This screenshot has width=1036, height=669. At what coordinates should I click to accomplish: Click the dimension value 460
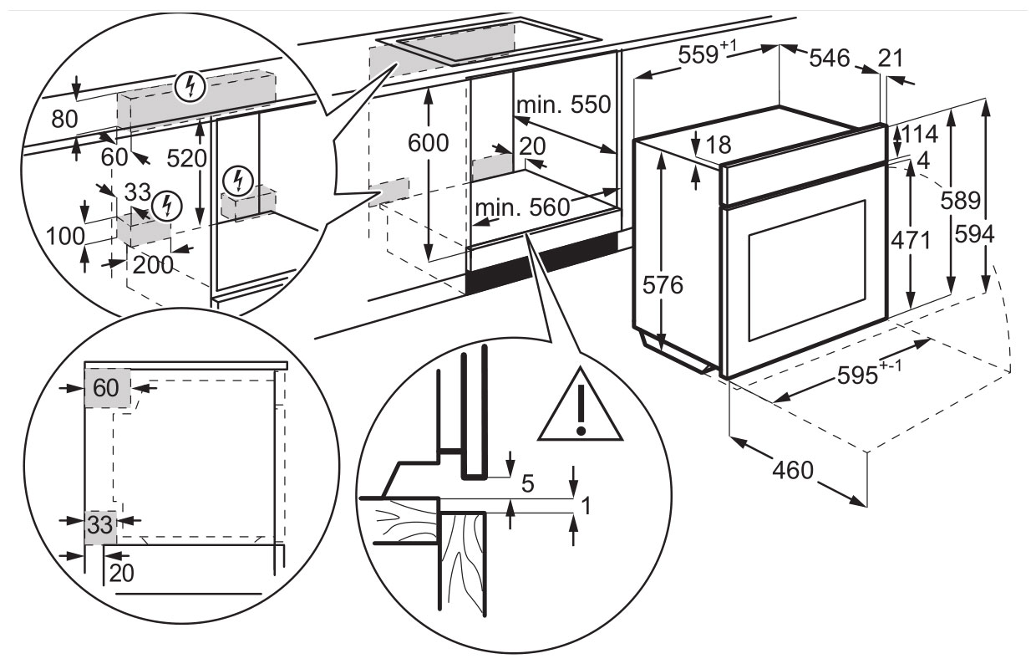[x=791, y=470]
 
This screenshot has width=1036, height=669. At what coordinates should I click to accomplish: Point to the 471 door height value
[x=909, y=240]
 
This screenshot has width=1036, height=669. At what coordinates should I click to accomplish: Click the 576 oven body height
[x=664, y=285]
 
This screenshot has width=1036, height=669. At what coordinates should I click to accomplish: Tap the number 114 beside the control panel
[x=920, y=134]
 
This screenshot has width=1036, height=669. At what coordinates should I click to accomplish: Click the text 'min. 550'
[x=563, y=105]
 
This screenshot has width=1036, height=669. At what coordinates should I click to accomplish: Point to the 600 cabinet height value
[x=429, y=143]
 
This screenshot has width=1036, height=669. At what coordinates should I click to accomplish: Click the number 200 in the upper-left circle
[x=153, y=265]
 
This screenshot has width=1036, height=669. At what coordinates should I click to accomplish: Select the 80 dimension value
[x=64, y=120]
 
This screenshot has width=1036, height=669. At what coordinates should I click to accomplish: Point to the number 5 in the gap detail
[x=526, y=483]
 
